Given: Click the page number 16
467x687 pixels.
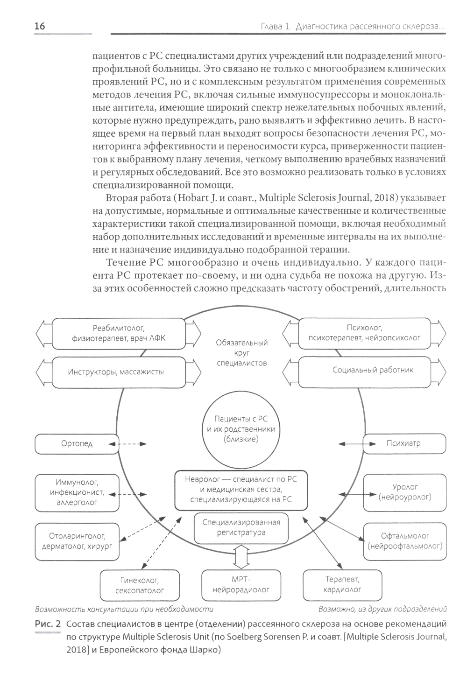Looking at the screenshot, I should click(x=40, y=27).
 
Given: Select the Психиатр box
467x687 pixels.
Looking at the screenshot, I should click(x=403, y=443).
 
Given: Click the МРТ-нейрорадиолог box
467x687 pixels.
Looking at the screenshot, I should click(x=241, y=584).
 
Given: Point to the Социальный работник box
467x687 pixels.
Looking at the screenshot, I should click(x=373, y=370).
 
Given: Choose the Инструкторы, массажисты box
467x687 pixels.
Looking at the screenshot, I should click(x=116, y=372).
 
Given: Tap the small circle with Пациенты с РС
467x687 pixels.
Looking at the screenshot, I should click(x=241, y=429).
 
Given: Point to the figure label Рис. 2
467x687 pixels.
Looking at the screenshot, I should click(x=48, y=624).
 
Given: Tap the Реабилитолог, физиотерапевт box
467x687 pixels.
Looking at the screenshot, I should click(x=119, y=333).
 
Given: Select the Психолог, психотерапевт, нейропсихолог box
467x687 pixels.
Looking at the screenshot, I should click(x=364, y=333).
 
